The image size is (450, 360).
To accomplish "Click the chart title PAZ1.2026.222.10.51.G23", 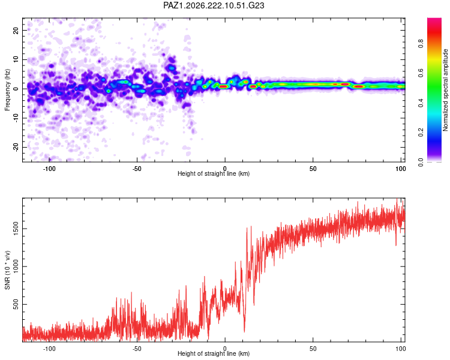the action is click(x=214, y=5).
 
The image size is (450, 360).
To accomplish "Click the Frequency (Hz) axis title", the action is click(x=7, y=90).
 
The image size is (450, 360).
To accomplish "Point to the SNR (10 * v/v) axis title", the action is click(x=7, y=270).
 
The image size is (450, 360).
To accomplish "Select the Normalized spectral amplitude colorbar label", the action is click(x=445, y=90).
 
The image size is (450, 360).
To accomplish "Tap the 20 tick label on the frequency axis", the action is click(x=16, y=30).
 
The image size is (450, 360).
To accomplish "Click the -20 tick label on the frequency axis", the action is click(x=16, y=147).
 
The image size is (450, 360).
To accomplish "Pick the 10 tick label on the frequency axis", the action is click(x=16, y=59).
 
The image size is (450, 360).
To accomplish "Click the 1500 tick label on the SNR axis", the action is click(x=16, y=229).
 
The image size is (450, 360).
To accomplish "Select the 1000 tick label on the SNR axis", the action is click(x=16, y=266).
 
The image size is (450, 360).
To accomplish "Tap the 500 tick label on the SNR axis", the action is click(x=16, y=304).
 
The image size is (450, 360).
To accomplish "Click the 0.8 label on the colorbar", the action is click(x=421, y=44).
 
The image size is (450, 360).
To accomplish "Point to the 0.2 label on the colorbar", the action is click(x=421, y=133).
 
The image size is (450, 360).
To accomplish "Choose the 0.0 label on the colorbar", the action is click(x=421, y=162).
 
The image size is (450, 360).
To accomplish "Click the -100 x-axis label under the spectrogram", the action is click(x=49, y=169).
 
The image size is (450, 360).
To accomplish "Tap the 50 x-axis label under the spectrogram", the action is click(x=313, y=169).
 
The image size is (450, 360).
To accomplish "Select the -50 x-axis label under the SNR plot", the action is click(x=137, y=349).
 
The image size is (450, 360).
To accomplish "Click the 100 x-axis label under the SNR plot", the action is click(x=401, y=349).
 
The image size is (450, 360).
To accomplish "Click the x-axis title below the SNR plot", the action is click(x=214, y=353).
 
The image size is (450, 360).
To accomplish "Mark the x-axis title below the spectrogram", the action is click(x=214, y=173).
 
